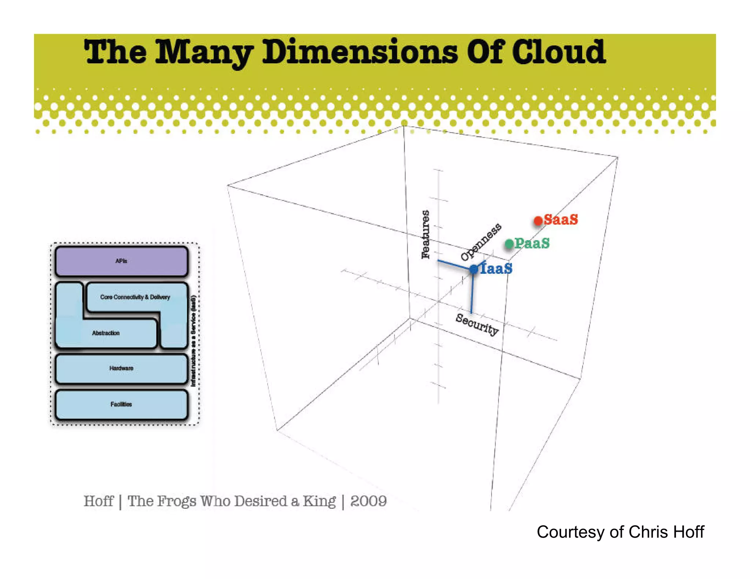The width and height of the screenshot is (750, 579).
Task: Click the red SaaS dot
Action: point(538,221)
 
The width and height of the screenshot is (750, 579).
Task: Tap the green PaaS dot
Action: point(509,244)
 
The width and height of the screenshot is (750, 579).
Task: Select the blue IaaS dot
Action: point(474,269)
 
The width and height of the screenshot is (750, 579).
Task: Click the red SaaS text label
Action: point(561,220)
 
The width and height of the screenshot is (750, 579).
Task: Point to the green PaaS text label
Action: point(532,243)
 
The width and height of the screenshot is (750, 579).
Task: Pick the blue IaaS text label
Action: point(496,269)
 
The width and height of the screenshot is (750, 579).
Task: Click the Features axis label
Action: point(425,234)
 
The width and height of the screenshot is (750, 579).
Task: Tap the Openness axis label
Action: point(480,242)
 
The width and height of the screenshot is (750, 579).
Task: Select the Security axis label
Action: point(477,324)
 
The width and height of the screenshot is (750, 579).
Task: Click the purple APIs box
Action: point(121,261)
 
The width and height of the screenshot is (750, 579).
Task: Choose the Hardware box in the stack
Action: point(121,368)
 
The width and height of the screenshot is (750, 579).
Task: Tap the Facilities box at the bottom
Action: point(121,404)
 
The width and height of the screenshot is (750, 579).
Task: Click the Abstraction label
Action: point(106,333)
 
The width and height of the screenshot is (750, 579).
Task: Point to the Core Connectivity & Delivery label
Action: point(135,297)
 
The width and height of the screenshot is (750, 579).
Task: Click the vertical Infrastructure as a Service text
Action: point(193,340)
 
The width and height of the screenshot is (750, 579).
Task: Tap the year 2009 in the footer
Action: point(368,501)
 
